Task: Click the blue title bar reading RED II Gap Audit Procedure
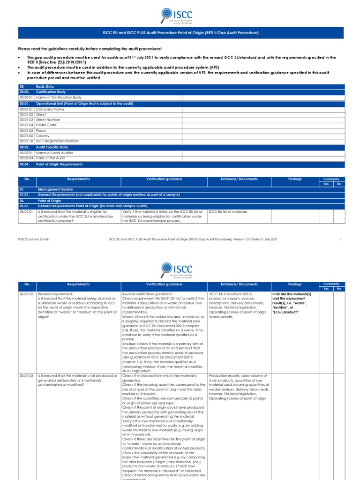(180, 33)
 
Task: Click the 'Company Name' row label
(50, 109)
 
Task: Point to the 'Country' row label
(44, 135)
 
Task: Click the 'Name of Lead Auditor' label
(55, 153)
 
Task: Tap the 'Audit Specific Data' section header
(52, 147)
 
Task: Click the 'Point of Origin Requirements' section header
(60, 165)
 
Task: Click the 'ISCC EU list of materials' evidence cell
(228, 212)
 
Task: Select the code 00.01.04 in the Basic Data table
(26, 125)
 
